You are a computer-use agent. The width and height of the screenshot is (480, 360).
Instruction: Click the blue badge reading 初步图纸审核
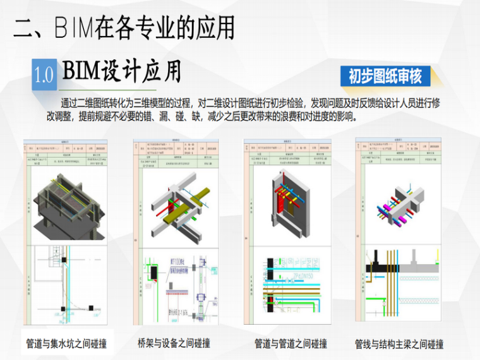pyautogui.click(x=385, y=76)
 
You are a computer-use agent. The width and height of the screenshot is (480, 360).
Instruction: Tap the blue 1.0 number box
pyautogui.click(x=44, y=75)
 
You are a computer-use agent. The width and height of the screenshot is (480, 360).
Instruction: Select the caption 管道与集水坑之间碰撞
pyautogui.click(x=66, y=345)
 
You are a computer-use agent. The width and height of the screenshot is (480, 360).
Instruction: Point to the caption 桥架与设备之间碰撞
pyautogui.click(x=174, y=343)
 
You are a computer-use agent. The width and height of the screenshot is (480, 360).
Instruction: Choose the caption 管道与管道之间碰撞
pyautogui.click(x=291, y=344)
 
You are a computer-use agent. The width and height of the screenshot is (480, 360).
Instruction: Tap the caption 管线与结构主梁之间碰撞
pyautogui.click(x=399, y=344)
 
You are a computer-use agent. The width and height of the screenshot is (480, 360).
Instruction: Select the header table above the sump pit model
pyautogui.click(x=65, y=152)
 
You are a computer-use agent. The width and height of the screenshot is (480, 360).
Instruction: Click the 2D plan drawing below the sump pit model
pyautogui.click(x=65, y=284)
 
